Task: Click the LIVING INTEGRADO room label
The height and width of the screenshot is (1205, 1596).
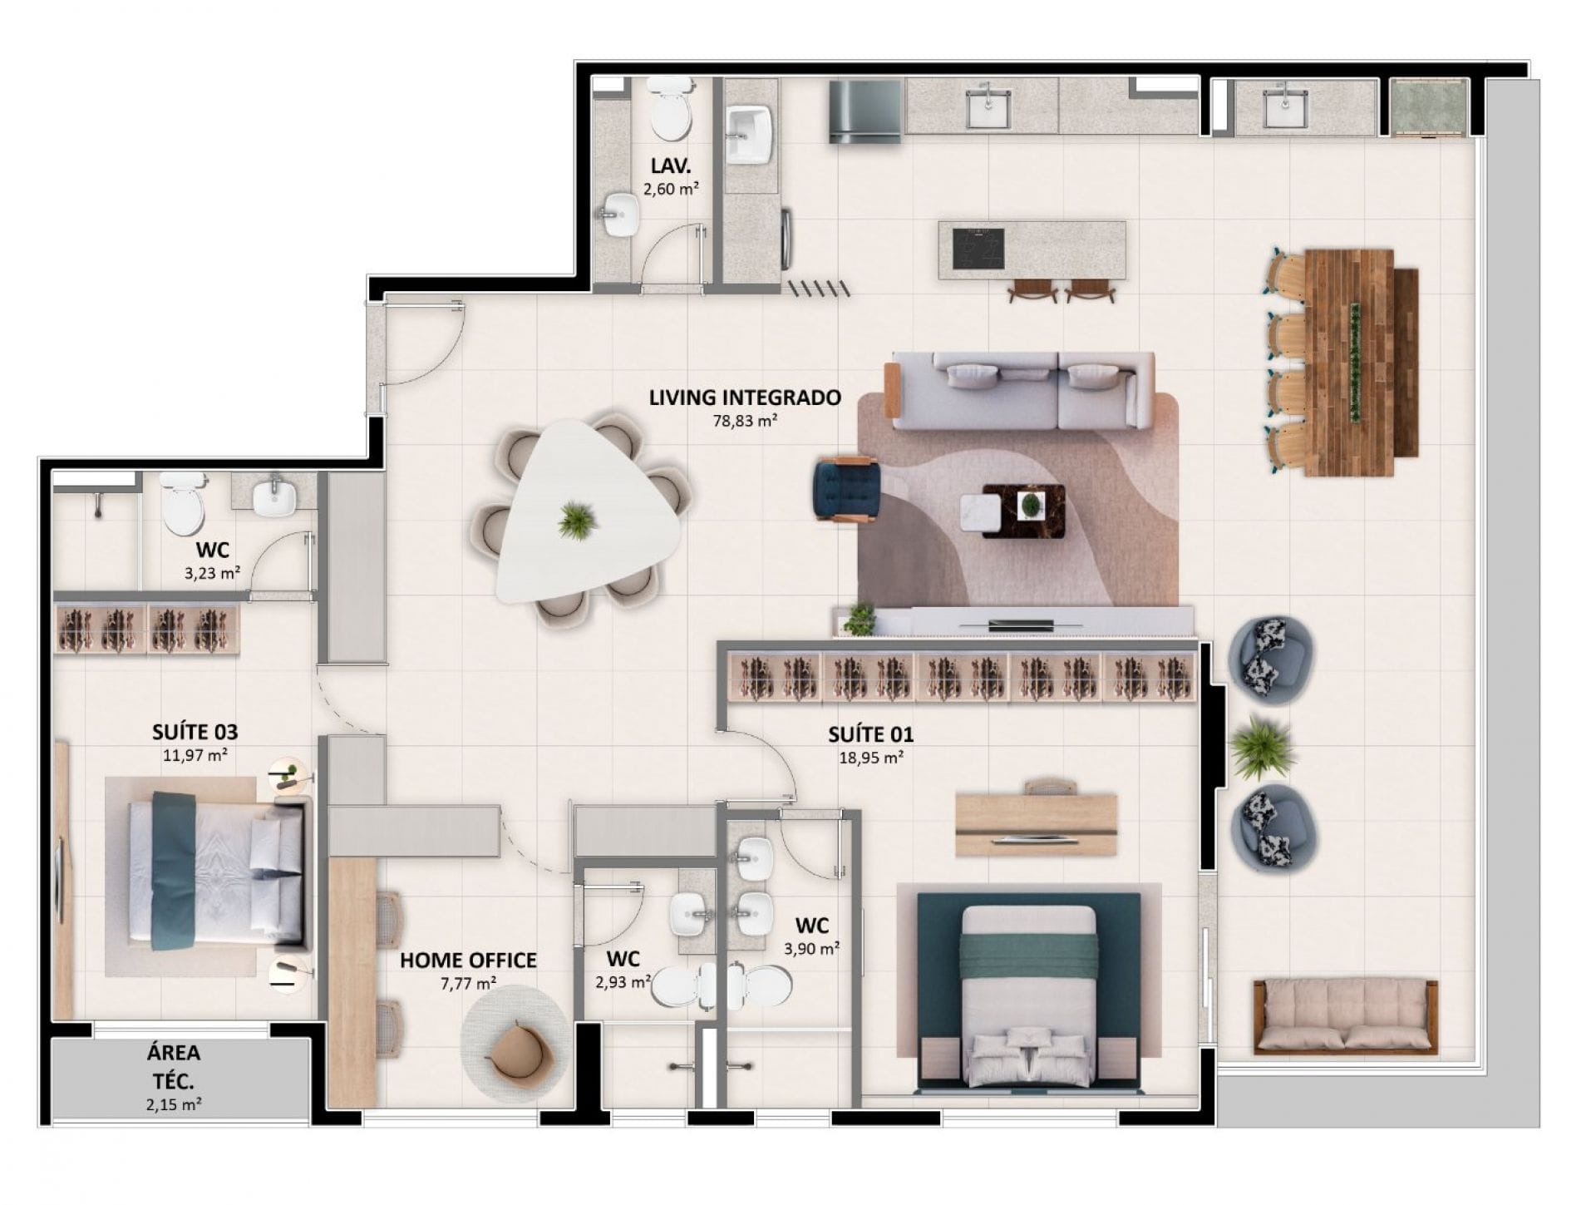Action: coord(745,398)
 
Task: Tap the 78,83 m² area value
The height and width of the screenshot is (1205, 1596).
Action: coord(745,421)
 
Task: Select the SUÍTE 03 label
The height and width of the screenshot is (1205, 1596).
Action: coord(195,732)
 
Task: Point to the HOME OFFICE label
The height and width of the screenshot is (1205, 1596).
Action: coord(468,961)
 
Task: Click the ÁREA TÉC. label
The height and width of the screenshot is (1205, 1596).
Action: coord(174,1067)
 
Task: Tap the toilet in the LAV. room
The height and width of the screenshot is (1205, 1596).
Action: coord(670,109)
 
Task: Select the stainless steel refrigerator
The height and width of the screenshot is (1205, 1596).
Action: coord(865,111)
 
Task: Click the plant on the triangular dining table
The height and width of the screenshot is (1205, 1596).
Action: coord(574,521)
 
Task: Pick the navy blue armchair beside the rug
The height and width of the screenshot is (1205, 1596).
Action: coord(846,490)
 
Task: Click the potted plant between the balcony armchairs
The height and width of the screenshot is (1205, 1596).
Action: coord(1262,747)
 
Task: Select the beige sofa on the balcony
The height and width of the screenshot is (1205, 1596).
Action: coord(1346,1017)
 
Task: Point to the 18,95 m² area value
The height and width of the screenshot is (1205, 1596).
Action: coord(871,758)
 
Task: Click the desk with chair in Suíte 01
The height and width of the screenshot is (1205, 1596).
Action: coord(1036,820)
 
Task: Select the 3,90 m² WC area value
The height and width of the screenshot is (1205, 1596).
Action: coord(811,948)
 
